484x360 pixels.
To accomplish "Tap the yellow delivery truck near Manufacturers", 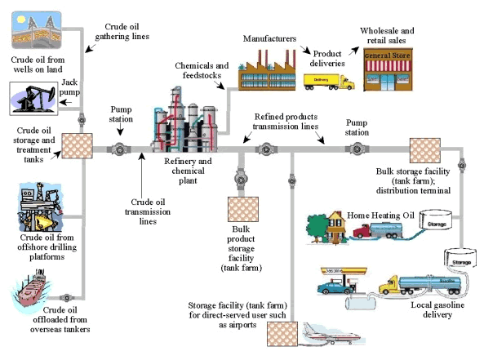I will (x=329, y=81).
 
